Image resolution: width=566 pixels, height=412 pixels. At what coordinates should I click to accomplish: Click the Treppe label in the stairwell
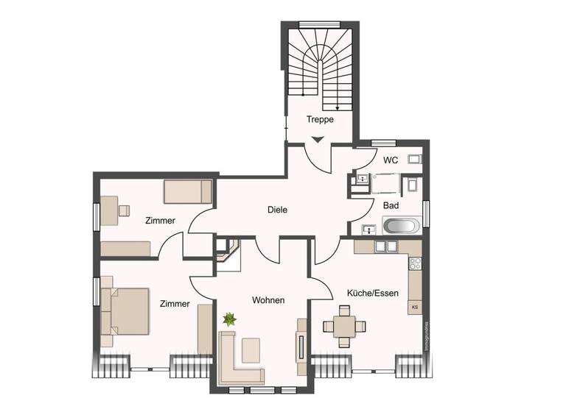[321, 119]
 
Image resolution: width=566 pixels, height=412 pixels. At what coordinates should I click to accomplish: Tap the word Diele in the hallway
[277, 210]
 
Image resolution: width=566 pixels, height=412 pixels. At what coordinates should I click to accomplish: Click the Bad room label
[391, 205]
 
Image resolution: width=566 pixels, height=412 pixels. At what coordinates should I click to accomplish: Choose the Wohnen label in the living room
[268, 300]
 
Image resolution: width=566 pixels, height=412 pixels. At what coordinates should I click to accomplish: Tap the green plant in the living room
[229, 319]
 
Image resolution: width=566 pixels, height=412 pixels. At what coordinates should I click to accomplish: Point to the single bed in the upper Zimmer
[187, 192]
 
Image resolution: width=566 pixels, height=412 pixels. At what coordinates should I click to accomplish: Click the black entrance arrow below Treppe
[318, 139]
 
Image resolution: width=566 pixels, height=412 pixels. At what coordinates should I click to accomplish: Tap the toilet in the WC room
[414, 159]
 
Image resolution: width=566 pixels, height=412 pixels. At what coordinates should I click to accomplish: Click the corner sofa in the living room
[237, 360]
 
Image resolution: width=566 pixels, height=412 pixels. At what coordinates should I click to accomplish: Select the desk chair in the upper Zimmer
[123, 211]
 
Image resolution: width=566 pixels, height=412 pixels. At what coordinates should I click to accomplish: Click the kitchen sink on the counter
[385, 246]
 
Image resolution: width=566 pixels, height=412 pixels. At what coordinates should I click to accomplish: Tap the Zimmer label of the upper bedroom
[160, 220]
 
